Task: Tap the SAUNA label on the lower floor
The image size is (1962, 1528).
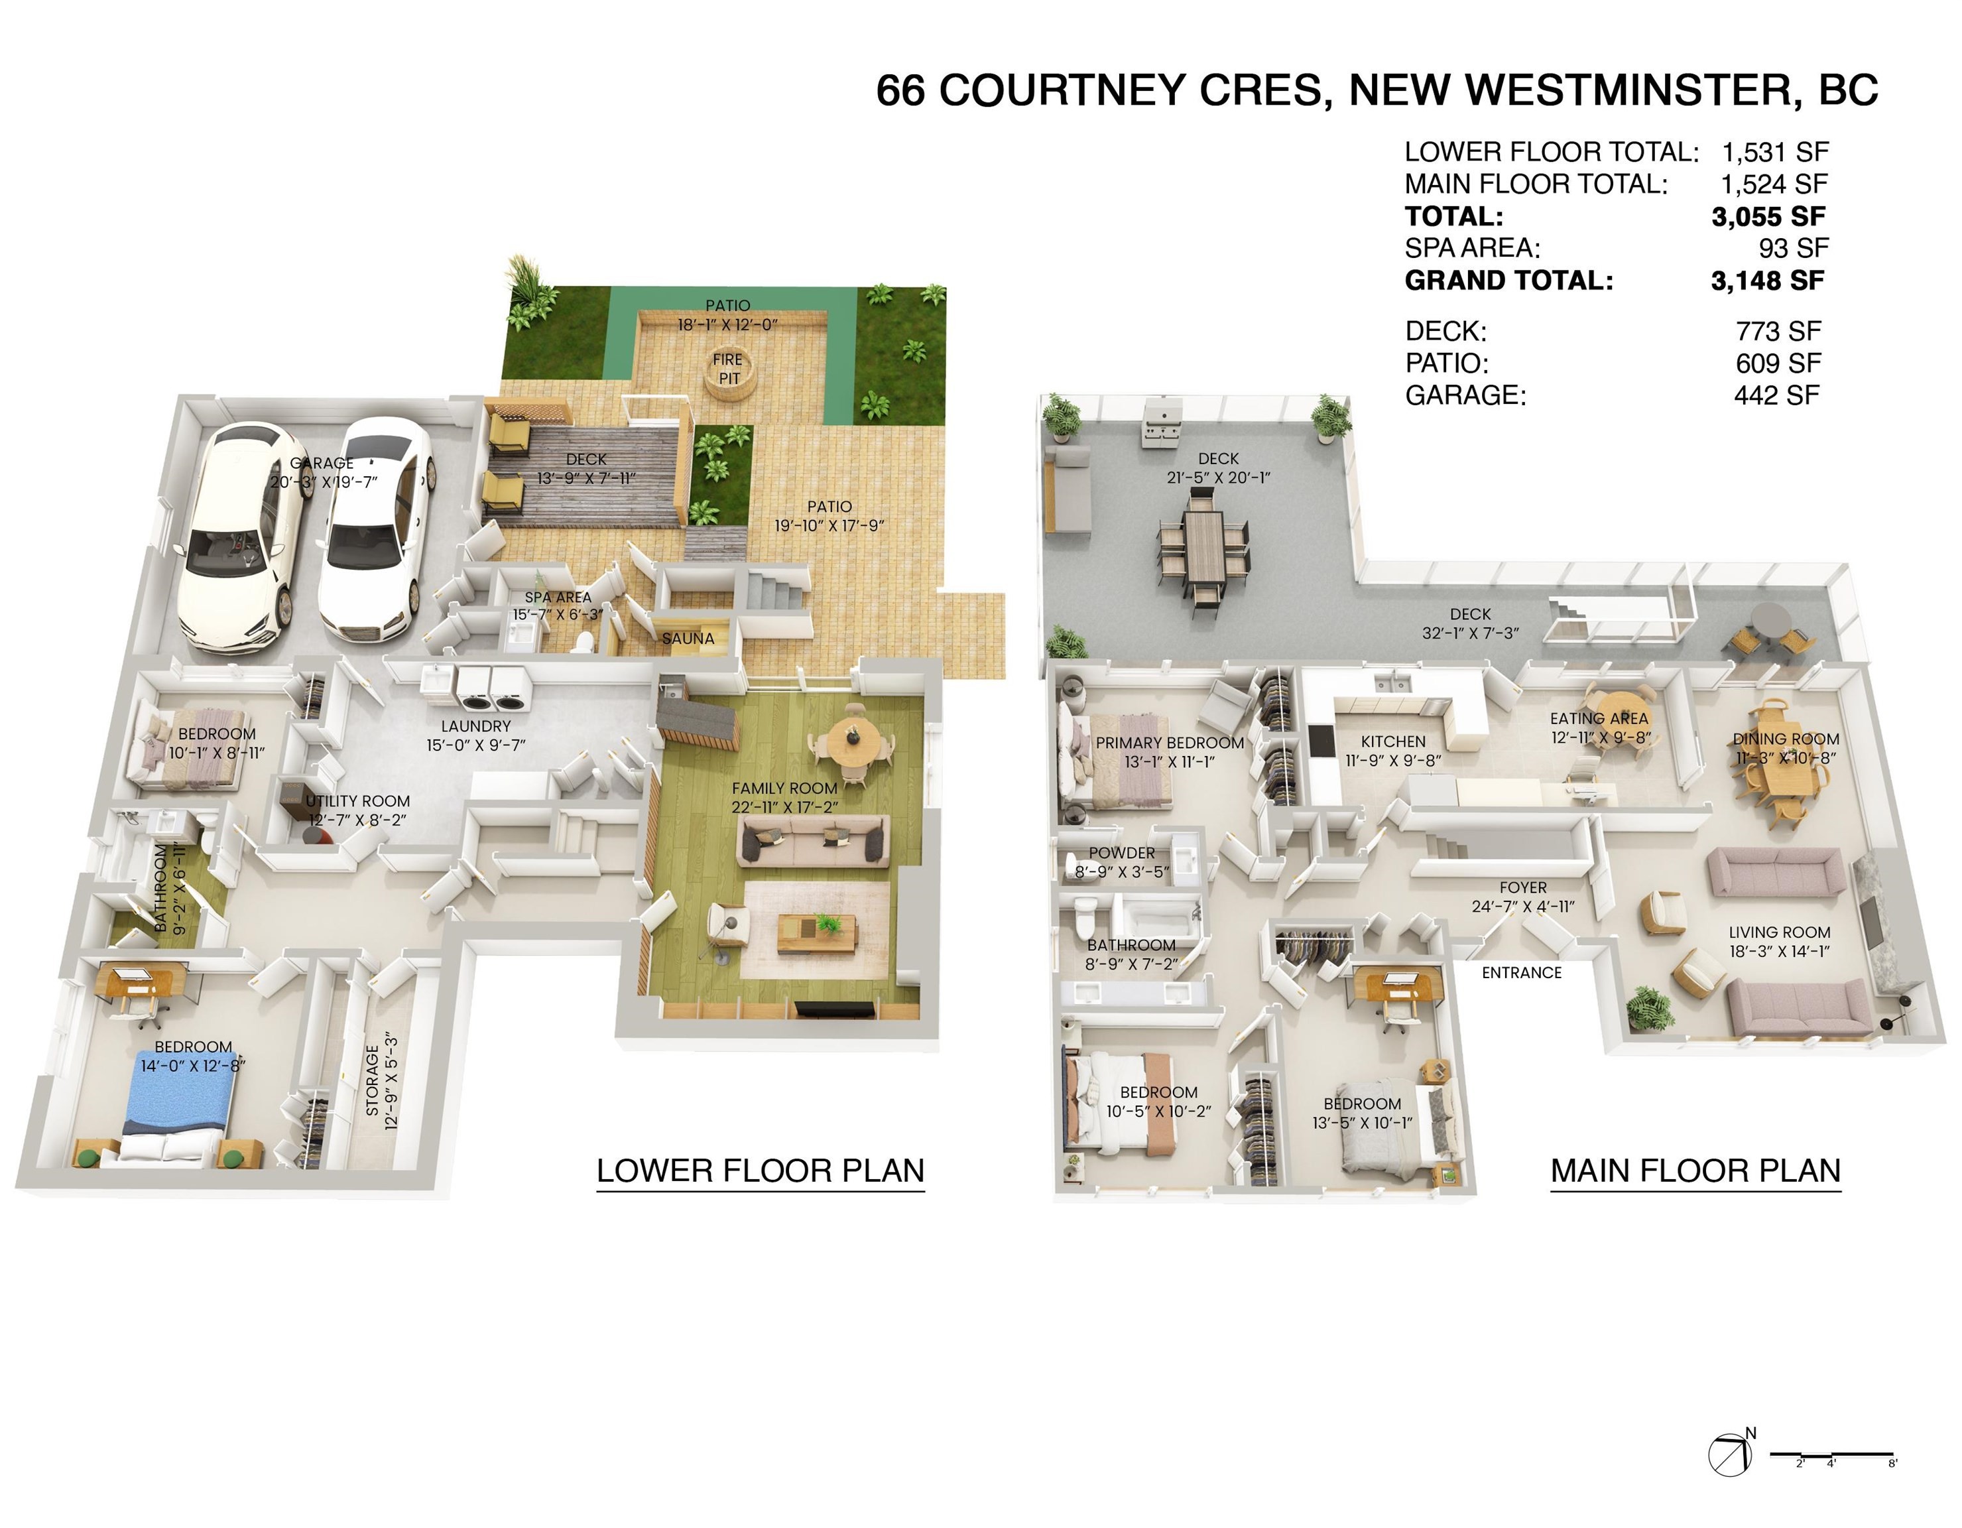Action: click(x=688, y=639)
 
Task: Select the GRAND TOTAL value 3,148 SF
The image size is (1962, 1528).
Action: click(x=1767, y=281)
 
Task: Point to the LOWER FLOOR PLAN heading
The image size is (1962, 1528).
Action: click(x=760, y=1171)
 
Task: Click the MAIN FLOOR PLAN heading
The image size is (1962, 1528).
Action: click(x=1695, y=1171)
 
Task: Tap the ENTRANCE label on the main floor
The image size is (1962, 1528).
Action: click(x=1522, y=973)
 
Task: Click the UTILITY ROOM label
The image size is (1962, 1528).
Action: click(x=357, y=800)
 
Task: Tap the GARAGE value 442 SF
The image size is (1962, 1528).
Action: click(x=1777, y=395)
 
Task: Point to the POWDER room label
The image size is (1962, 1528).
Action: click(x=1122, y=852)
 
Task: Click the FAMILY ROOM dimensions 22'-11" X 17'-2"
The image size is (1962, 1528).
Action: click(x=784, y=806)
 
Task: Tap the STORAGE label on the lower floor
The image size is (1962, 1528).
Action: click(x=372, y=1084)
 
